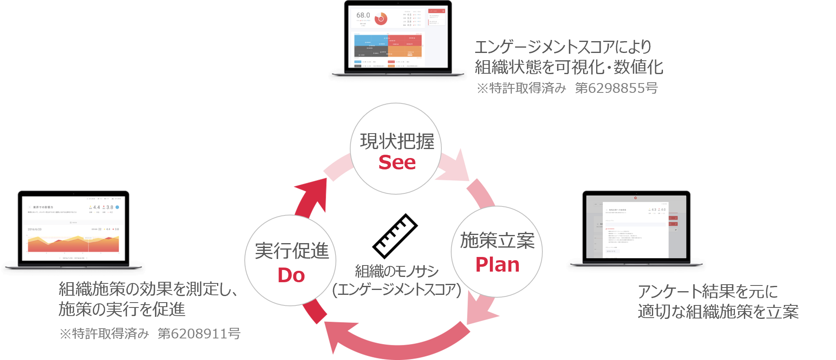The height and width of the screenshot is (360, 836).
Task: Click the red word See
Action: (397, 163)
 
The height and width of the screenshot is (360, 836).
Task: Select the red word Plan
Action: (497, 265)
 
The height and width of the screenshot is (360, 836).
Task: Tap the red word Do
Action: (291, 276)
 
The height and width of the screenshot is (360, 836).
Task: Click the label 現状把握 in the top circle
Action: (397, 142)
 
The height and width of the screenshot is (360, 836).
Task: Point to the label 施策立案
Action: (497, 241)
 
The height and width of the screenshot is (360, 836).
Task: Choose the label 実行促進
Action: (292, 251)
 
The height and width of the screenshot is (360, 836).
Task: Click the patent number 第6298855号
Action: (616, 88)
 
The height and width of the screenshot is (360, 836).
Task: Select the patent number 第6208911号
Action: (199, 334)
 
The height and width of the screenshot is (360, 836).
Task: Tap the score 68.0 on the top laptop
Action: (363, 15)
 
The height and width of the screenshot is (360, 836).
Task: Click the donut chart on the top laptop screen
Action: (381, 18)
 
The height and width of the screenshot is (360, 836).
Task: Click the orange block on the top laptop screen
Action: (405, 51)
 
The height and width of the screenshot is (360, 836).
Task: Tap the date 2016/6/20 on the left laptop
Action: (35, 229)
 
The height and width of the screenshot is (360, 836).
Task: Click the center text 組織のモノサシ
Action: (397, 271)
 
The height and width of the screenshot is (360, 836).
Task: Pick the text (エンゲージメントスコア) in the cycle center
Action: (397, 290)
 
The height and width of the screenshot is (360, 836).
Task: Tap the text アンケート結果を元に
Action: (708, 292)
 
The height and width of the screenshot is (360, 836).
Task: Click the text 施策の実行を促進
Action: (122, 310)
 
